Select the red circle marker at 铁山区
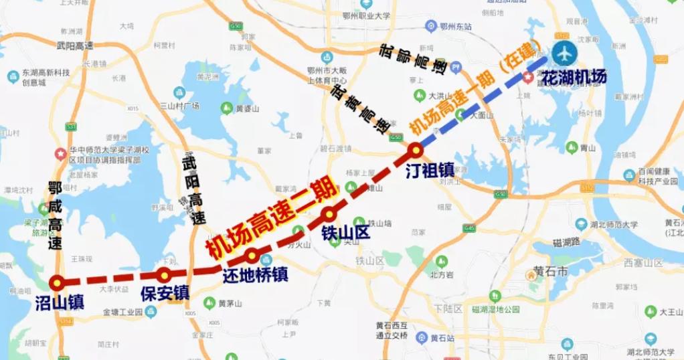pos(329,214)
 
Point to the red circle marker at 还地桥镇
pos(252,255)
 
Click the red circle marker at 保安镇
pos(163,274)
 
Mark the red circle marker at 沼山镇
pos(58,282)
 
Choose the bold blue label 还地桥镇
pos(255,274)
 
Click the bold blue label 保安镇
pos(165,293)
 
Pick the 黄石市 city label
pos(551,272)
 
